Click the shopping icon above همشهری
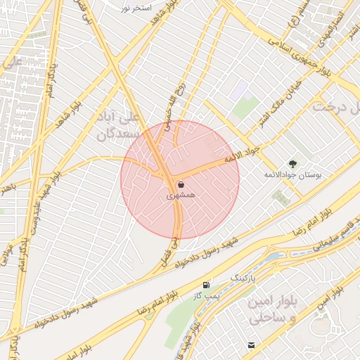pos(181,185)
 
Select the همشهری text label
pos(179,197)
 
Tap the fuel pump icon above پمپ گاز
pos(206,284)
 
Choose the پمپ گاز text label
pos(210,295)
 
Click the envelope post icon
pos(251,345)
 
